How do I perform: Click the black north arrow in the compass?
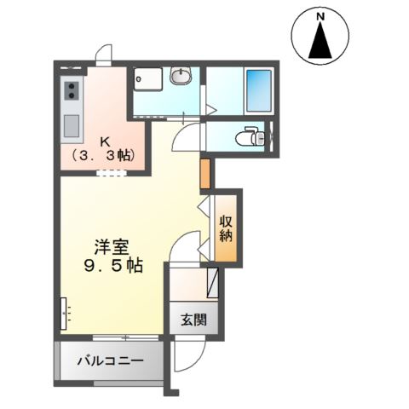(x=320, y=42)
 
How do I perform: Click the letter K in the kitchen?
(x=106, y=142)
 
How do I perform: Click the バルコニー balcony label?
(x=110, y=360)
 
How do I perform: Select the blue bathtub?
(x=259, y=89)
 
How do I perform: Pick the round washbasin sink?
(x=181, y=78)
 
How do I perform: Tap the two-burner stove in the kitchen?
(x=72, y=88)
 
